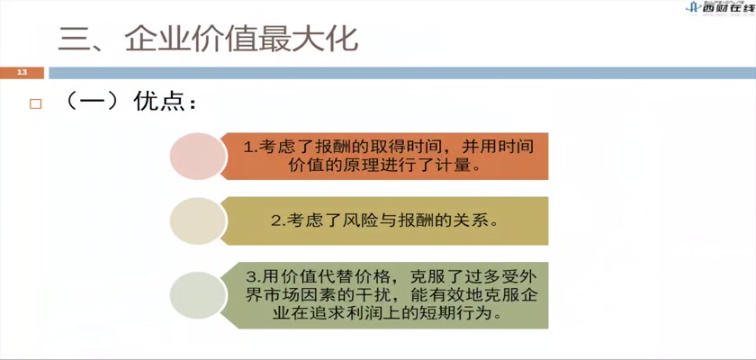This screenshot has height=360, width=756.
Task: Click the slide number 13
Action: point(22,73)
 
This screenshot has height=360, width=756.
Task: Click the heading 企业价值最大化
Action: point(241,38)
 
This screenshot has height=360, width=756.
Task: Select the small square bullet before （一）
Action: point(35,104)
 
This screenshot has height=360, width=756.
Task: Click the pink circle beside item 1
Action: point(198,156)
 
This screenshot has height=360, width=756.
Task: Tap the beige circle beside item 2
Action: point(198,220)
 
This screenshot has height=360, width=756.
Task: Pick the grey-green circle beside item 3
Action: point(198,295)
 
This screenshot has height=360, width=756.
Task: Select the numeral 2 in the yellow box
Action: point(275,221)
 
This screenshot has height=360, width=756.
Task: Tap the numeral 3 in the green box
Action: point(251,277)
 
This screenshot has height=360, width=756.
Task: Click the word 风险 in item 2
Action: point(360,221)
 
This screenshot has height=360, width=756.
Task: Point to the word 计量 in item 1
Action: point(454,165)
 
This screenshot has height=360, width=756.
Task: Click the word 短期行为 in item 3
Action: point(452,313)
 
